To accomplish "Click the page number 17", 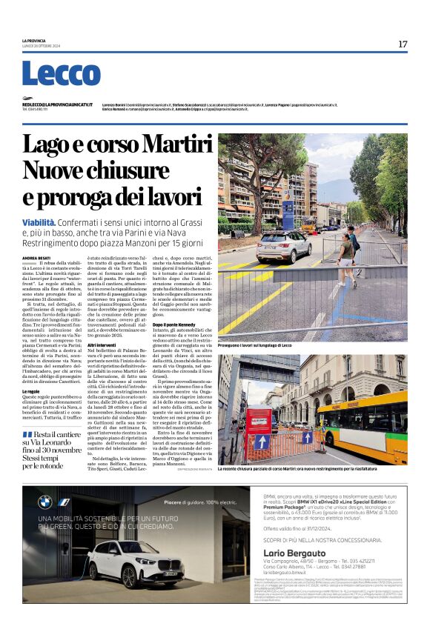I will pyautogui.click(x=402, y=44).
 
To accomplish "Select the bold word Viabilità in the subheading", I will pyautogui.click(x=39, y=222).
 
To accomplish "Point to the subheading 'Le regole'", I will pyautogui.click(x=31, y=390).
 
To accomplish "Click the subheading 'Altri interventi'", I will pyautogui.click(x=102, y=345).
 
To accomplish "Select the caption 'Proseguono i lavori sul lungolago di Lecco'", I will pyautogui.click(x=255, y=345).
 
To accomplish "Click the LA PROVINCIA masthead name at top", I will pyautogui.click(x=34, y=40).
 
